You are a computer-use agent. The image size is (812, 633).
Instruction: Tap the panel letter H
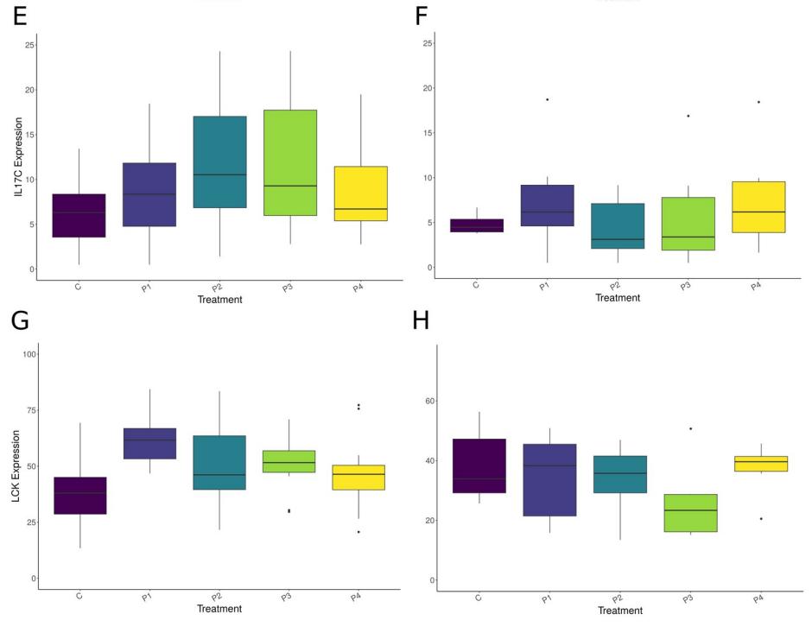click(x=422, y=321)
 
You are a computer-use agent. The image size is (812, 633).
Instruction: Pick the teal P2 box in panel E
click(x=219, y=161)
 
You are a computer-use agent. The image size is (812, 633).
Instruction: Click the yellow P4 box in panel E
click(x=359, y=193)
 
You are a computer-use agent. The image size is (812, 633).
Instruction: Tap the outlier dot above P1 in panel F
click(x=547, y=99)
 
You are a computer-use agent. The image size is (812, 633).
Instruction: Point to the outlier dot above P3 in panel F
click(x=688, y=116)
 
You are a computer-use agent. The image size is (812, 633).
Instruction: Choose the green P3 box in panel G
click(x=289, y=461)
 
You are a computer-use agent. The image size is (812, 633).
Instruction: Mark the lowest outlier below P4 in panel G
click(x=358, y=532)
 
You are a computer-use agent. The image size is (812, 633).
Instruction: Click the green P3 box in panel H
click(x=688, y=513)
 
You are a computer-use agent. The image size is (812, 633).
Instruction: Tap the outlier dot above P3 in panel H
click(x=689, y=428)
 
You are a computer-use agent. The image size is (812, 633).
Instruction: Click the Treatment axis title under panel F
click(x=618, y=298)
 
